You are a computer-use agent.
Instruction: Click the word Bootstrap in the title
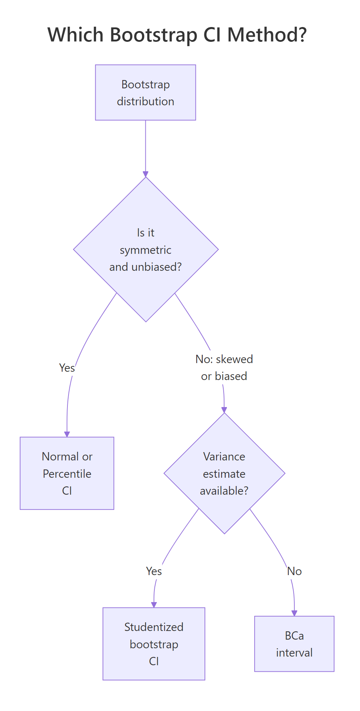point(154,35)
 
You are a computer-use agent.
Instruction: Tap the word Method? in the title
point(267,35)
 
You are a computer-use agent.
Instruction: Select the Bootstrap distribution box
point(145,93)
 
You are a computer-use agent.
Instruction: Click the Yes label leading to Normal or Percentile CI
point(67,368)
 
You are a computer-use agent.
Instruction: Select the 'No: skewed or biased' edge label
point(224,367)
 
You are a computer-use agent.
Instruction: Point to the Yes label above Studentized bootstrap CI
point(154,571)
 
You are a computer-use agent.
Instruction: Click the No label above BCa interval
point(294,571)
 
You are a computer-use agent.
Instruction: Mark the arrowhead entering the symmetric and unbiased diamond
point(146,175)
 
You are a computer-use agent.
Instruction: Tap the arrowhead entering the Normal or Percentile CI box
point(67,434)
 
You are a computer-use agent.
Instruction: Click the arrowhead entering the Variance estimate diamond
point(224,410)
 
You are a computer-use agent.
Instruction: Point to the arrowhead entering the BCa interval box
point(294,613)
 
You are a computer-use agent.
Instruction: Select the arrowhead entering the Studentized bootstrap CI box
point(154,605)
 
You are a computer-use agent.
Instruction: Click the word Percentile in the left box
point(67,474)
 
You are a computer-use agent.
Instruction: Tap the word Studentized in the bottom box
point(154,627)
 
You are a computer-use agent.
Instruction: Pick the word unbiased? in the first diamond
point(157,267)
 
